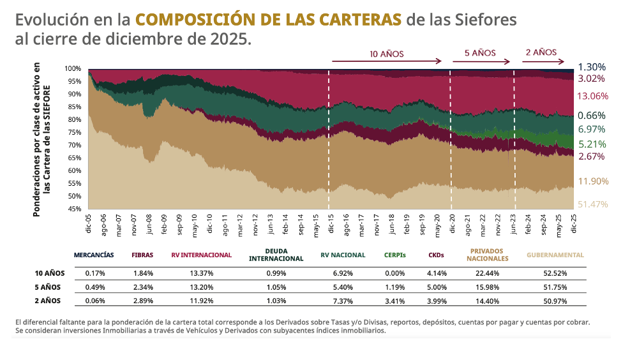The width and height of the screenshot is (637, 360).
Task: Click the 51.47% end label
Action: [x=592, y=204]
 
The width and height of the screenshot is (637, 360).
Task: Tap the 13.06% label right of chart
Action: [x=592, y=96]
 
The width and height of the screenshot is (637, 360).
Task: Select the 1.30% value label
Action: [x=592, y=67]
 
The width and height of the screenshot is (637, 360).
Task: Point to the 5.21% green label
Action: [x=592, y=144]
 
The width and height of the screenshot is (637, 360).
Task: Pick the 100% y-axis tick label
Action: [x=72, y=68]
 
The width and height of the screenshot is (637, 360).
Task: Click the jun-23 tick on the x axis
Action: [x=514, y=225]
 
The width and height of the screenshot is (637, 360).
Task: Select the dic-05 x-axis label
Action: [x=88, y=225]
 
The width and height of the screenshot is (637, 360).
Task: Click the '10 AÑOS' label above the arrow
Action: [x=387, y=54]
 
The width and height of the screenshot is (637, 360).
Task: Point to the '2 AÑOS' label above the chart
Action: [x=541, y=52]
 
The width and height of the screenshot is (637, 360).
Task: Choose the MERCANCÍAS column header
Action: [x=94, y=255]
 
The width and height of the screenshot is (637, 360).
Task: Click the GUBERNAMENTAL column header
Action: [x=555, y=255]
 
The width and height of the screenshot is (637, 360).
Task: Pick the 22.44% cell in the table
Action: [x=487, y=273]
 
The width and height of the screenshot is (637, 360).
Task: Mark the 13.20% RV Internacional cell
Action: [x=201, y=287]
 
